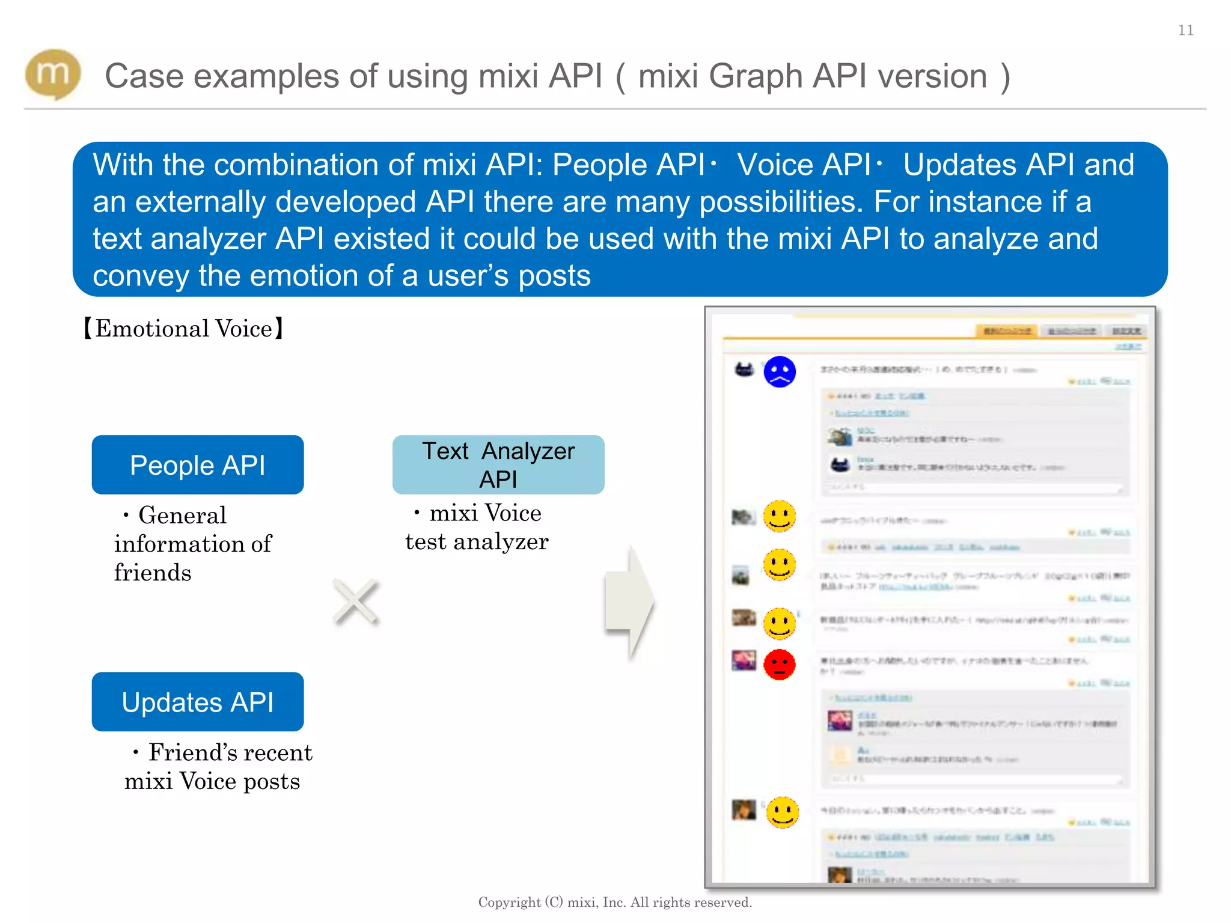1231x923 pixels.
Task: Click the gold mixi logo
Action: click(x=53, y=75)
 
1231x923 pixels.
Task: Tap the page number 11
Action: click(x=1185, y=30)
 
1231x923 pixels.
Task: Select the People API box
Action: click(x=197, y=465)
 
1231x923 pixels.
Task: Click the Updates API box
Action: click(x=197, y=701)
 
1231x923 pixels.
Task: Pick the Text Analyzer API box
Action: click(x=498, y=465)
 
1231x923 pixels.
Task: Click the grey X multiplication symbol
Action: click(x=356, y=601)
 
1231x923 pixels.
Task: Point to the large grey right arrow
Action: click(x=629, y=602)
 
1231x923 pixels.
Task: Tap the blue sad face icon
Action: click(x=780, y=371)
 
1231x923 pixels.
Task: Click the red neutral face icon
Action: click(x=780, y=665)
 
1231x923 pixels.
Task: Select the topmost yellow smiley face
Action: click(x=780, y=516)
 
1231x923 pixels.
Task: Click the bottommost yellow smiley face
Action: click(x=783, y=812)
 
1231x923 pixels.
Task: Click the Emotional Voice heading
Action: click(x=183, y=329)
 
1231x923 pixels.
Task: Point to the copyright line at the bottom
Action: click(x=615, y=902)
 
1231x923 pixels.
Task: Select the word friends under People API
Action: click(x=153, y=573)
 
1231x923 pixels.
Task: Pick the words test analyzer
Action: click(x=477, y=542)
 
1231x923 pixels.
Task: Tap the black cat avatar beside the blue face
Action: click(x=744, y=369)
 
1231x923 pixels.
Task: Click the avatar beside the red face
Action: click(x=744, y=660)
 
